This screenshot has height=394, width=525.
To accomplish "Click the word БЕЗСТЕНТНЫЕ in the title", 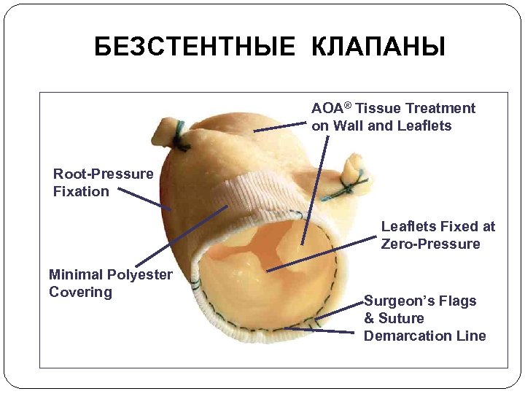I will pyautogui.click(x=195, y=48).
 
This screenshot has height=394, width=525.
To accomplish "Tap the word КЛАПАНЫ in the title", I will pyautogui.click(x=378, y=48).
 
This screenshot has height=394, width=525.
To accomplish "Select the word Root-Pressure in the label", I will pyautogui.click(x=103, y=174).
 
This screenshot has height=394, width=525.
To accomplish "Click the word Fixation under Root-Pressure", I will pyautogui.click(x=81, y=192).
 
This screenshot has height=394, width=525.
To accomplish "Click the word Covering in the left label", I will pyautogui.click(x=80, y=293).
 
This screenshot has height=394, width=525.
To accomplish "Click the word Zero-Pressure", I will pyautogui.click(x=430, y=244).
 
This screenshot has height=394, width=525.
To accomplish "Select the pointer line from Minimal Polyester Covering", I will pyautogui.click(x=182, y=235).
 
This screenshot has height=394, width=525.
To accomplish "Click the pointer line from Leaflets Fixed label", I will pyautogui.click(x=321, y=253).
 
